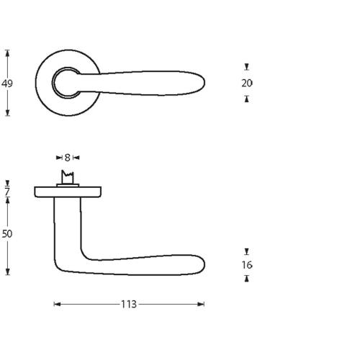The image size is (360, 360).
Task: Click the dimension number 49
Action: (x=7, y=84)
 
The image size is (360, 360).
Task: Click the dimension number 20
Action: (x=247, y=83)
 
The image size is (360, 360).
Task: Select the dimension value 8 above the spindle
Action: (x=67, y=157)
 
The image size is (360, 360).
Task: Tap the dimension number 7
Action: (x=7, y=192)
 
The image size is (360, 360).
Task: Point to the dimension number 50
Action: (x=7, y=234)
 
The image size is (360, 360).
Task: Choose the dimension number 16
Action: (x=247, y=265)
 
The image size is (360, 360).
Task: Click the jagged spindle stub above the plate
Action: (x=68, y=177)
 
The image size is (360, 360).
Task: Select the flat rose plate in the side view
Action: (x=68, y=192)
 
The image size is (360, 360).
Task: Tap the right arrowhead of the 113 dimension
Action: (x=202, y=305)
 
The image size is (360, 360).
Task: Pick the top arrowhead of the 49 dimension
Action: (x=7, y=52)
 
